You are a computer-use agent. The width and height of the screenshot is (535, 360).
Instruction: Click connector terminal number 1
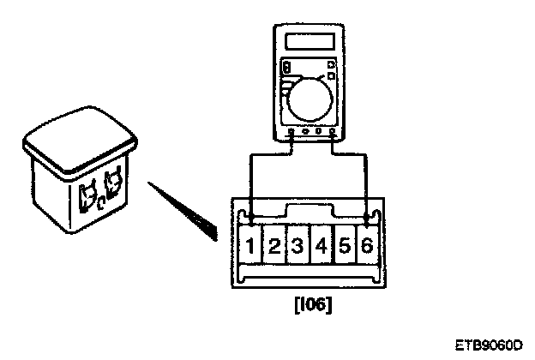[249, 246]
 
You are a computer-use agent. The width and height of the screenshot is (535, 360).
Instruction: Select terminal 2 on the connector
[274, 247]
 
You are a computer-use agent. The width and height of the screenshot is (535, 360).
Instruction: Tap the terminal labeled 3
[297, 247]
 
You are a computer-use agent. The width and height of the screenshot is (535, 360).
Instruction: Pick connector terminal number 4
[320, 247]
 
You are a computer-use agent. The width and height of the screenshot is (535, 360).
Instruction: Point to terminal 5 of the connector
[343, 247]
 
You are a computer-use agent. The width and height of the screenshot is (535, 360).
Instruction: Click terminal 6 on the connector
[366, 246]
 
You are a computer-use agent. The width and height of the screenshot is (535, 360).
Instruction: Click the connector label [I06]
[308, 304]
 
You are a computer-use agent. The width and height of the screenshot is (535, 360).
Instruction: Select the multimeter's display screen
[309, 43]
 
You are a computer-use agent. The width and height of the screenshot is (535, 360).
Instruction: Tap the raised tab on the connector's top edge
[307, 211]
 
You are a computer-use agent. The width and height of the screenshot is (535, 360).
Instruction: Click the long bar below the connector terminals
[308, 273]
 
